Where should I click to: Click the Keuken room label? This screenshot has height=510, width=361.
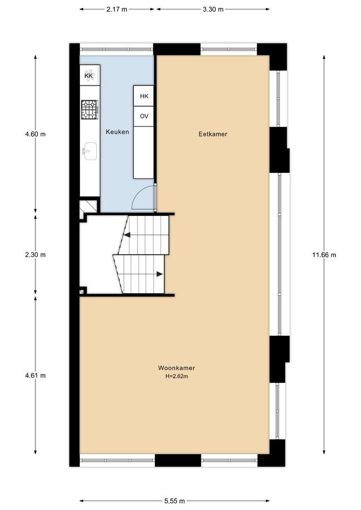[117, 132]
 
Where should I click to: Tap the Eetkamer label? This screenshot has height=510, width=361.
[213, 134]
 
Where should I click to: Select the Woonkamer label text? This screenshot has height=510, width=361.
[176, 368]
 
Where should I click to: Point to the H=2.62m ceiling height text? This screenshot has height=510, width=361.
[177, 377]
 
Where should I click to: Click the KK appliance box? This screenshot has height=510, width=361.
[90, 76]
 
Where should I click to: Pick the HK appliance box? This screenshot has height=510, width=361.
[144, 96]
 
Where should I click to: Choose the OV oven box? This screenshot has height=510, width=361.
[144, 116]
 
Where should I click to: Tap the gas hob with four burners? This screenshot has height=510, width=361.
[89, 110]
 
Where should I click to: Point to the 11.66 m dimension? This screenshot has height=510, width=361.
[324, 255]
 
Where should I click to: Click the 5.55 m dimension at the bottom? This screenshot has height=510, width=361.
[175, 501]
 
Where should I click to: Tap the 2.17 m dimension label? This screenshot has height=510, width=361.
[117, 9]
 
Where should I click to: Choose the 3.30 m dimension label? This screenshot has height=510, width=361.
[213, 9]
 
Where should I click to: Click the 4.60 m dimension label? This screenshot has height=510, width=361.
[35, 134]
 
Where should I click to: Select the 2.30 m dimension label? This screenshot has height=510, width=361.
[35, 255]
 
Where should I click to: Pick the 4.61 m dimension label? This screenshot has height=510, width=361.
[35, 375]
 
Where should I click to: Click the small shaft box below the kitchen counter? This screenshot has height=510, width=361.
[88, 206]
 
